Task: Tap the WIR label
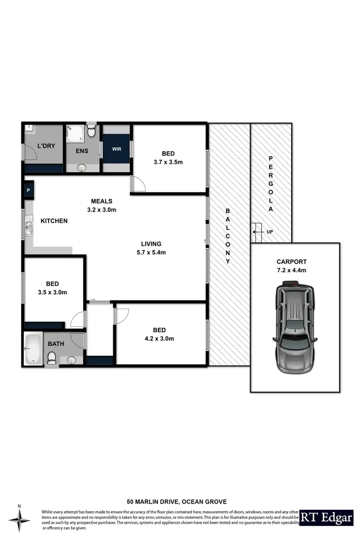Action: tap(117, 149)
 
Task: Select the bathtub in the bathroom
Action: tap(33, 348)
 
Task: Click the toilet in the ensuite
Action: tap(92, 131)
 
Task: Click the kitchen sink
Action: tap(28, 227)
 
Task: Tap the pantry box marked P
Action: tap(28, 190)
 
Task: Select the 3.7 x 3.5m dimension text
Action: tap(168, 162)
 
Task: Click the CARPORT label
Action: tap(291, 262)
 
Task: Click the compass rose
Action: tap(19, 518)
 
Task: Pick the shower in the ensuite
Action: tap(74, 132)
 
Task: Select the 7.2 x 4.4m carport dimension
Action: tap(291, 270)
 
